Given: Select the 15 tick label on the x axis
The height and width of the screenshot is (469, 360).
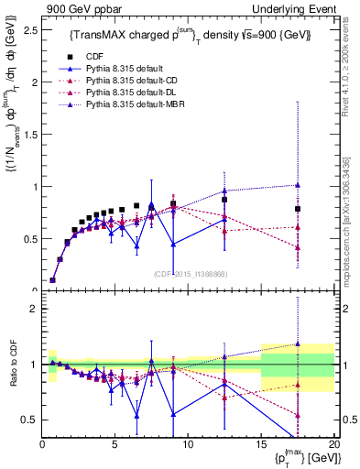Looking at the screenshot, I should tap(261, 444).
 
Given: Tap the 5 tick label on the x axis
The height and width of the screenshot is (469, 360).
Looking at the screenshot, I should tap(115, 444).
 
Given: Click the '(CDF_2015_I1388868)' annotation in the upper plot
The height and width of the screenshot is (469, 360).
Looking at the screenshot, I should tap(191, 275).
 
